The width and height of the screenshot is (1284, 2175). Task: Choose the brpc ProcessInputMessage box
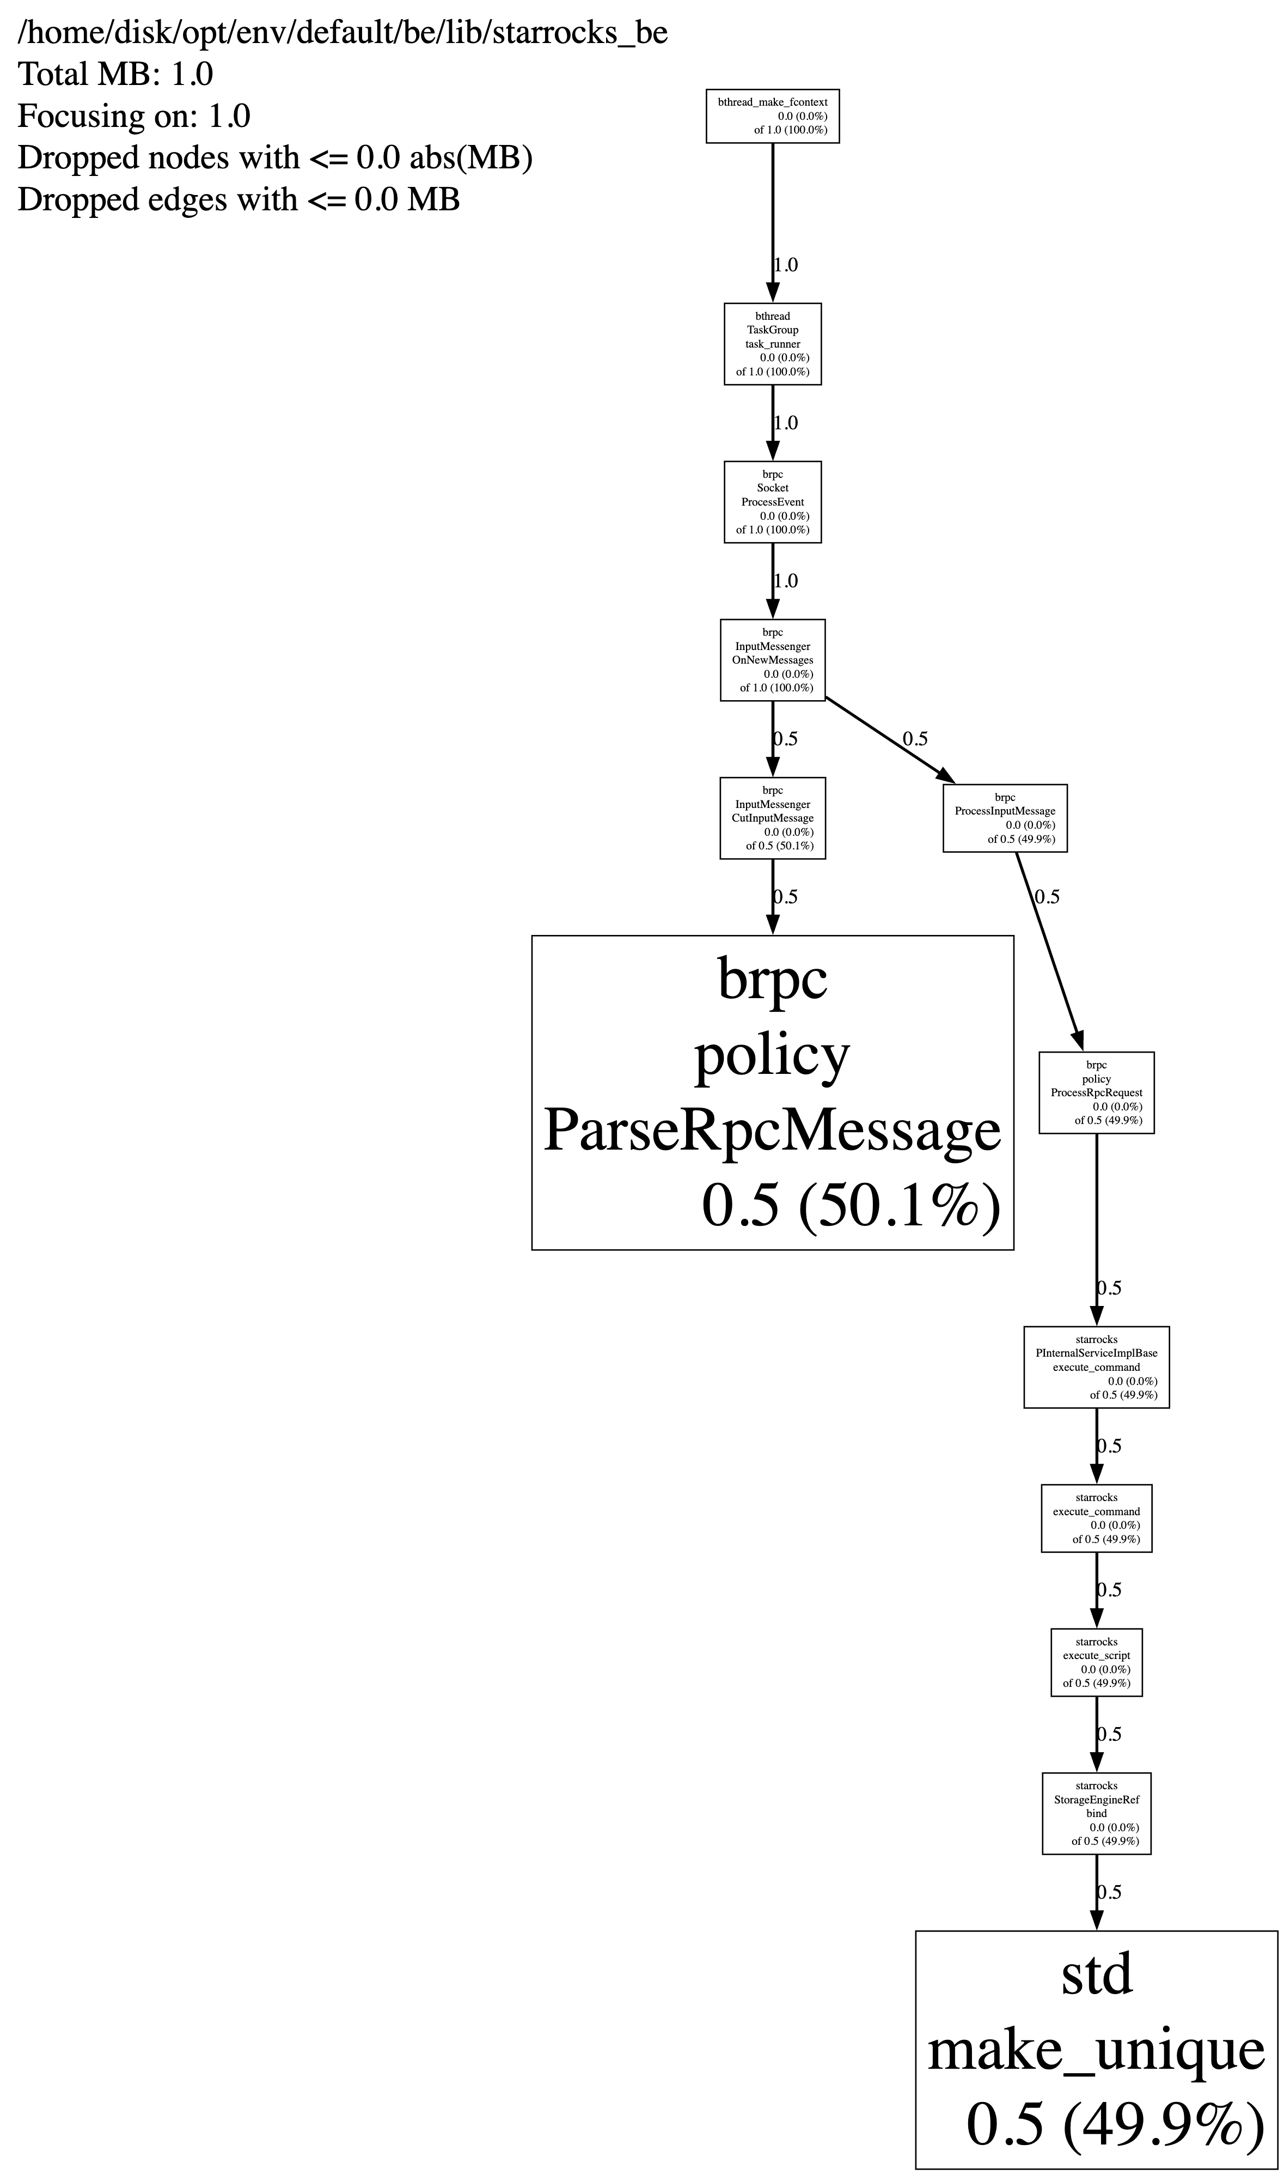1005,818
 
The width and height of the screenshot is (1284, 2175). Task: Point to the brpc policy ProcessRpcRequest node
1096,1092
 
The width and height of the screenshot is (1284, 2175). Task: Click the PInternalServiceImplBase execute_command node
1096,1366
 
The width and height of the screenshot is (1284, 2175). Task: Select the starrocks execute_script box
1096,1662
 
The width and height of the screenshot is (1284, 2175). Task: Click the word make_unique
1096,2050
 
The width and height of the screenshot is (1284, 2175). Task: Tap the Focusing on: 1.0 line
133,116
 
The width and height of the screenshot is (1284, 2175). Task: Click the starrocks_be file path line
342,33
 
